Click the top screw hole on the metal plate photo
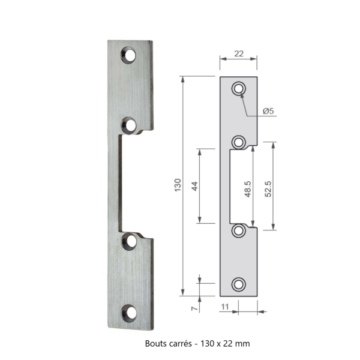coord(129,55)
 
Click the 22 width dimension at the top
coord(238,54)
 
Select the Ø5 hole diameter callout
coord(269,111)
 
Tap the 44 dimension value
coord(194,185)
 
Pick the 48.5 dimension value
coord(247,187)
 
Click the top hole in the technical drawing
coord(239,88)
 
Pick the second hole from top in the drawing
coord(239,142)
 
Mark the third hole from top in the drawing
coord(239,230)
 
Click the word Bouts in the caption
coord(157,344)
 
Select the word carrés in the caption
coord(182,344)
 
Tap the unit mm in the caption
coord(242,344)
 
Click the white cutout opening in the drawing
coord(238,186)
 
